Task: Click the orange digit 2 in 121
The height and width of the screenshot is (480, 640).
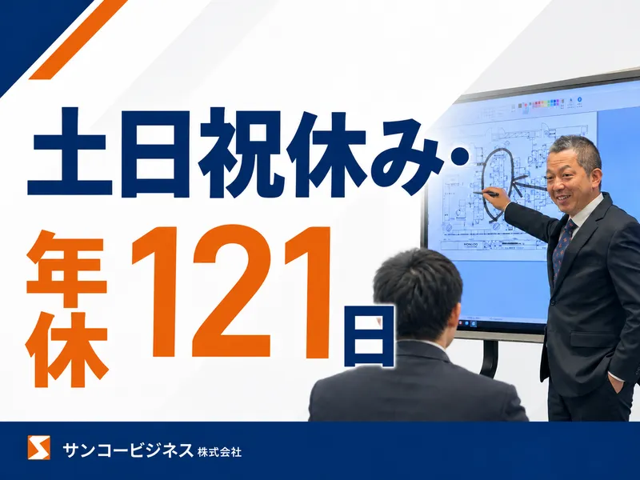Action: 230,291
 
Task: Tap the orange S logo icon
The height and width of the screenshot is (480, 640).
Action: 38,447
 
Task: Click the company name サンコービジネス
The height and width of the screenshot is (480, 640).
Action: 127,450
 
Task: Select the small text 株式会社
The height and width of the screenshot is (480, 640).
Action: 219,452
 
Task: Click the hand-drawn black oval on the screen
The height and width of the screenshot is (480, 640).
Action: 484,179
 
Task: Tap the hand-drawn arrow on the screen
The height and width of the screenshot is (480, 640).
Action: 530,186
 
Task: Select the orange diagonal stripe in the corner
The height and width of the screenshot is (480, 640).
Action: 78,38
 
